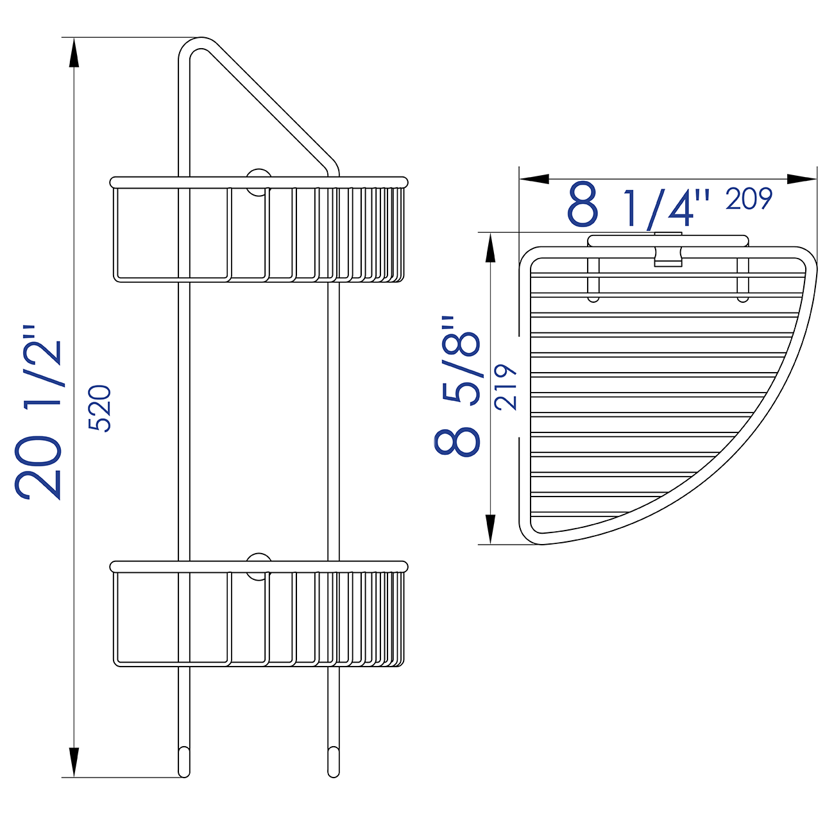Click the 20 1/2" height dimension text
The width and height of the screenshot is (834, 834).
(x=40, y=414)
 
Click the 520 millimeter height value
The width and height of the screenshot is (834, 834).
(x=100, y=408)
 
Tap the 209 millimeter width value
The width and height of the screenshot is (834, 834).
(x=749, y=200)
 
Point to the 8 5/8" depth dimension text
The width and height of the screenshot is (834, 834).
(x=457, y=385)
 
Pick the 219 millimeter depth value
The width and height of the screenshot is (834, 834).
(x=506, y=387)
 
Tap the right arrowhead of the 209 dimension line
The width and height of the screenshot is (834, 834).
(x=802, y=179)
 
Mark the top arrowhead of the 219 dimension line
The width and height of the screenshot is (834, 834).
(x=491, y=247)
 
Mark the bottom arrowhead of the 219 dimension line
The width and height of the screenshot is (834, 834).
(x=491, y=529)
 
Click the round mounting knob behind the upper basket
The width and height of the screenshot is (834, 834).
(x=259, y=182)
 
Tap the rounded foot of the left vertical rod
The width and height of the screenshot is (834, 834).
(x=184, y=763)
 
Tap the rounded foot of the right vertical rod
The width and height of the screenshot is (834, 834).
(x=333, y=763)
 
